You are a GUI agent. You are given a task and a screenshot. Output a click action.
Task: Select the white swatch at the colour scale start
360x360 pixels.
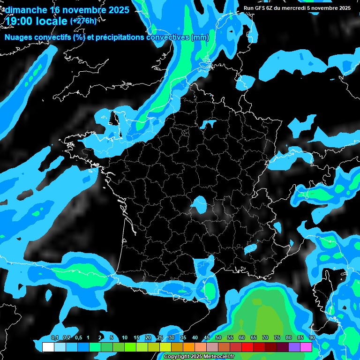click(x=48, y=347)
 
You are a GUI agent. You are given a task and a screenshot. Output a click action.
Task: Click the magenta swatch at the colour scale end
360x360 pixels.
click(x=306, y=347)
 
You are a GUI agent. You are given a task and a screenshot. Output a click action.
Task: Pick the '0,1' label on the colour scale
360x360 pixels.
click(x=55, y=338)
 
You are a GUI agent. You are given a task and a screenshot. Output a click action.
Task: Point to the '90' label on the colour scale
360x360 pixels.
click(x=312, y=338)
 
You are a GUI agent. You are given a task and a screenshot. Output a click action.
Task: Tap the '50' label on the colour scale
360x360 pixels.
click(x=218, y=338)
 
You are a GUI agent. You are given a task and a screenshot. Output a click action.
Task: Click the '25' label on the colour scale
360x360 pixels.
click(x=160, y=338)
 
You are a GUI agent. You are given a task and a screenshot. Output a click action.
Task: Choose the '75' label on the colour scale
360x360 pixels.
click(x=277, y=338)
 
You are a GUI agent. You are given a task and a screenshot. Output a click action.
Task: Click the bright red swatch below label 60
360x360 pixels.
click(x=247, y=347)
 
